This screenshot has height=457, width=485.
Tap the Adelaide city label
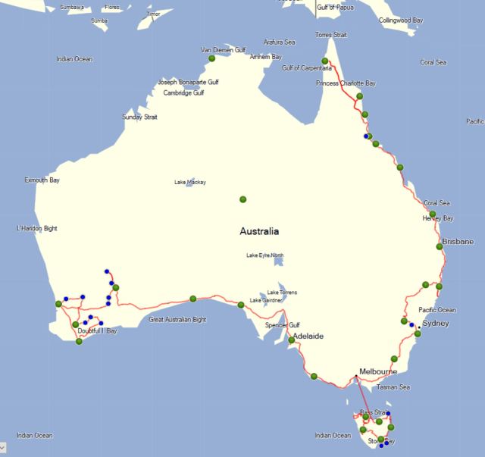coord(308,335)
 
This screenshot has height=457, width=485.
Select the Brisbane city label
coord(458,241)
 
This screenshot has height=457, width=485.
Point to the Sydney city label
coord(436,324)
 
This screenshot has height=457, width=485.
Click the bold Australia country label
coord(259,231)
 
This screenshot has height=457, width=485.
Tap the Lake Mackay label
coord(189,182)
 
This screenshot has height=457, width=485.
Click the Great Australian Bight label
coord(177,319)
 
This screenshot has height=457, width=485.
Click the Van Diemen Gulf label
coord(223,50)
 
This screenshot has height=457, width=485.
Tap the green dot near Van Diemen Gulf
coord(212,58)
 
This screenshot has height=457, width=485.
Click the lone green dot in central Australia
coord(243,199)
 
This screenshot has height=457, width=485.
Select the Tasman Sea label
coord(393,387)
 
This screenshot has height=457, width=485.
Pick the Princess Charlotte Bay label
coord(346,83)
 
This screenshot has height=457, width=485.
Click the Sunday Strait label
coord(138,117)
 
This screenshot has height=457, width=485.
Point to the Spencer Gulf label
coord(283,324)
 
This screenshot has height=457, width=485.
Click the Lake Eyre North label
coord(265,255)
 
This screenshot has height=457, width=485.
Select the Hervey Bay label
coord(438,218)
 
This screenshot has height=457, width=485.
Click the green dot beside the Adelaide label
coord(291,340)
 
